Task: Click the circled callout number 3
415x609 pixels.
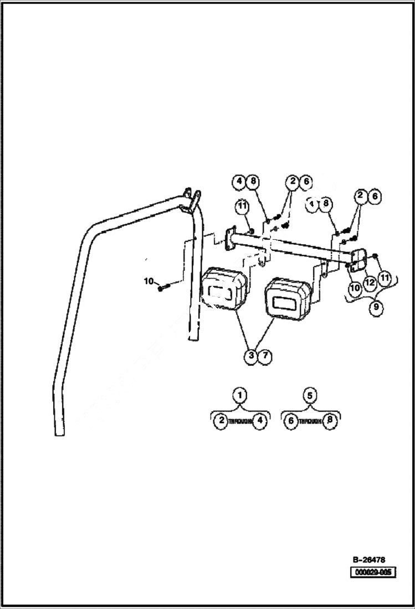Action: click(x=252, y=356)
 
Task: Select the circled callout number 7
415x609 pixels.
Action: click(x=265, y=356)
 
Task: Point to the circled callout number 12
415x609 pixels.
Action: click(x=370, y=282)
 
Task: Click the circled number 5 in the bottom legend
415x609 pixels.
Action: click(x=310, y=396)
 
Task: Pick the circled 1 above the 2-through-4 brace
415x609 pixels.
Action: click(x=240, y=396)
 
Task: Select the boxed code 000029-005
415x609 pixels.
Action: click(x=372, y=572)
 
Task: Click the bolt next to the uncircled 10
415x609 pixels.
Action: click(x=161, y=288)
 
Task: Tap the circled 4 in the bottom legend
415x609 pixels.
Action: click(x=260, y=420)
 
